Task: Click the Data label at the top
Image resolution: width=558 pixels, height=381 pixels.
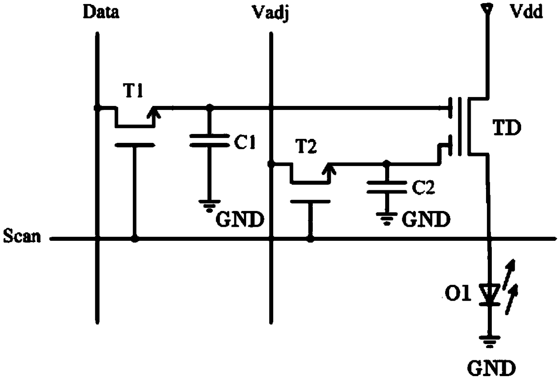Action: pyautogui.click(x=101, y=12)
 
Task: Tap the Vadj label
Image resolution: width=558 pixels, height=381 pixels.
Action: pyautogui.click(x=270, y=14)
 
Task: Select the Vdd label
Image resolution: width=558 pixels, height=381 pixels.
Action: pyautogui.click(x=526, y=11)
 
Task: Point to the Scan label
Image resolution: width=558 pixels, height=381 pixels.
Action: pyautogui.click(x=22, y=235)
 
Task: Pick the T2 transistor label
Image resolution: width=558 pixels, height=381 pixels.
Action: pyautogui.click(x=306, y=146)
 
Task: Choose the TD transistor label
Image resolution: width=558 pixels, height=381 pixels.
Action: pyautogui.click(x=507, y=128)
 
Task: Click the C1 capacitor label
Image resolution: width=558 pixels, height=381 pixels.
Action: pyautogui.click(x=245, y=142)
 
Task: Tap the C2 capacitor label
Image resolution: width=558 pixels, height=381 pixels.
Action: pyautogui.click(x=423, y=187)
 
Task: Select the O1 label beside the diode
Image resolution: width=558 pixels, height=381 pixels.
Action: pyautogui.click(x=458, y=294)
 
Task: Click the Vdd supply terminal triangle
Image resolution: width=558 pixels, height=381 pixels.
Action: pyautogui.click(x=486, y=9)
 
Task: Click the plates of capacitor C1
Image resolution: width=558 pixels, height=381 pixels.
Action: pyautogui.click(x=210, y=140)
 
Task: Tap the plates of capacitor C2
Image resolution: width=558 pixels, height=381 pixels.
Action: pyautogui.click(x=387, y=187)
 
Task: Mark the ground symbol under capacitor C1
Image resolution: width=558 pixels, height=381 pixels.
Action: pyautogui.click(x=210, y=206)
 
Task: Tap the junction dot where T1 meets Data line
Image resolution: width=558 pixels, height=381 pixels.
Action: pyautogui.click(x=97, y=108)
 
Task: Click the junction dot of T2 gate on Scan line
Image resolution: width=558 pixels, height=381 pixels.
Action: pyautogui.click(x=310, y=239)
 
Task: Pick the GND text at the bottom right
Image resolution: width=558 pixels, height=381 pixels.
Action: pyautogui.click(x=491, y=368)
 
